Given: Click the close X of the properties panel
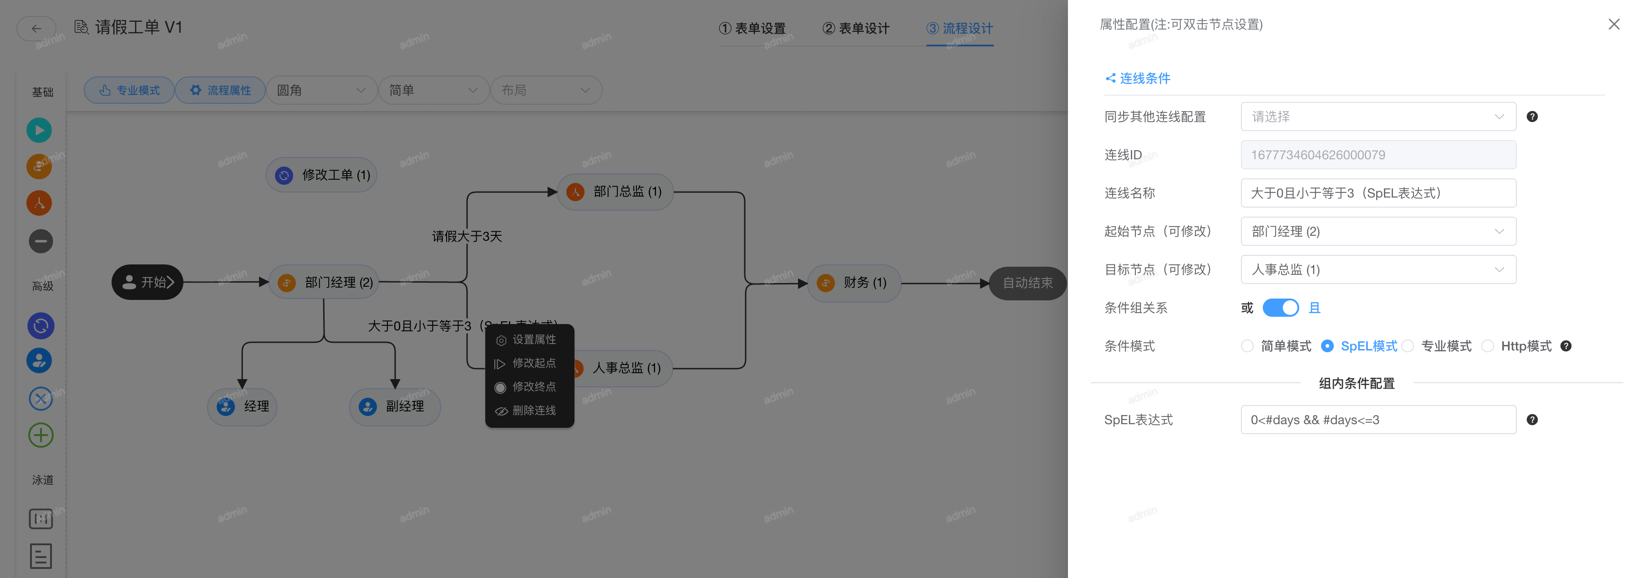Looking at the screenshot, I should [x=1613, y=24].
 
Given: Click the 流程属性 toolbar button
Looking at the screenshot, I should [x=220, y=90].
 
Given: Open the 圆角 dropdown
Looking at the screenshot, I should [x=321, y=90].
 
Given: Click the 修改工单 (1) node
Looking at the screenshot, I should [x=322, y=175].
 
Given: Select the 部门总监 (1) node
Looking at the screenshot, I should [x=615, y=192].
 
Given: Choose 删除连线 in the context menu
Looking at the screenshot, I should [x=533, y=411].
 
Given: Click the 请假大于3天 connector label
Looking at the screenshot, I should [x=467, y=236].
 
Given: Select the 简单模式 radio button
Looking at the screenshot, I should [x=1247, y=346].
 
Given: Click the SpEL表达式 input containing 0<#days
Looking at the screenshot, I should [x=1378, y=420].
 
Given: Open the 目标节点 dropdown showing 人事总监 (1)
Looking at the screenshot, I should [x=1378, y=269].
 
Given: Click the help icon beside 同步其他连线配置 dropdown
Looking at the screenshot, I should [x=1532, y=117].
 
